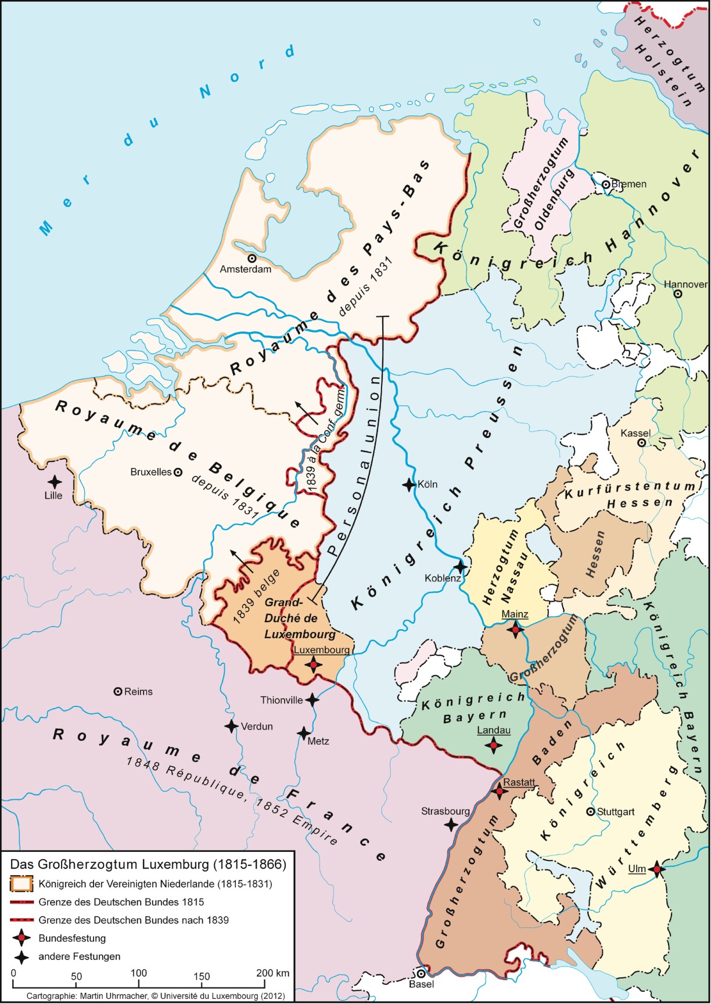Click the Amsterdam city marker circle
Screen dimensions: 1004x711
tap(252, 258)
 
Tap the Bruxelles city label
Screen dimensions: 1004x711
tap(151, 472)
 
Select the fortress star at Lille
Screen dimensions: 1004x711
tap(55, 482)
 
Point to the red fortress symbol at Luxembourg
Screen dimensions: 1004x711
tap(314, 664)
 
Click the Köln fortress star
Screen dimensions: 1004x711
tap(409, 484)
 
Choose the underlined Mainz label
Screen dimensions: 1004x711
tap(515, 615)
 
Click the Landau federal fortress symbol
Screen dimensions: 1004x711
tap(493, 745)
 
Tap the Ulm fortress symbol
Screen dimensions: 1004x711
tap(656, 869)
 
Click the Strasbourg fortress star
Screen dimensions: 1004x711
tap(451, 824)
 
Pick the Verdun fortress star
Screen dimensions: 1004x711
tap(231, 726)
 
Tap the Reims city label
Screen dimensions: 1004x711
tap(138, 692)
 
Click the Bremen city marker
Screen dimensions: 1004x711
tap(605, 184)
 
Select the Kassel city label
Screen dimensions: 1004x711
tap(635, 433)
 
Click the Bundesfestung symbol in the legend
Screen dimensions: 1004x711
tap(21, 938)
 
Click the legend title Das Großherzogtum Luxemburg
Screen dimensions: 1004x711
tap(149, 864)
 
